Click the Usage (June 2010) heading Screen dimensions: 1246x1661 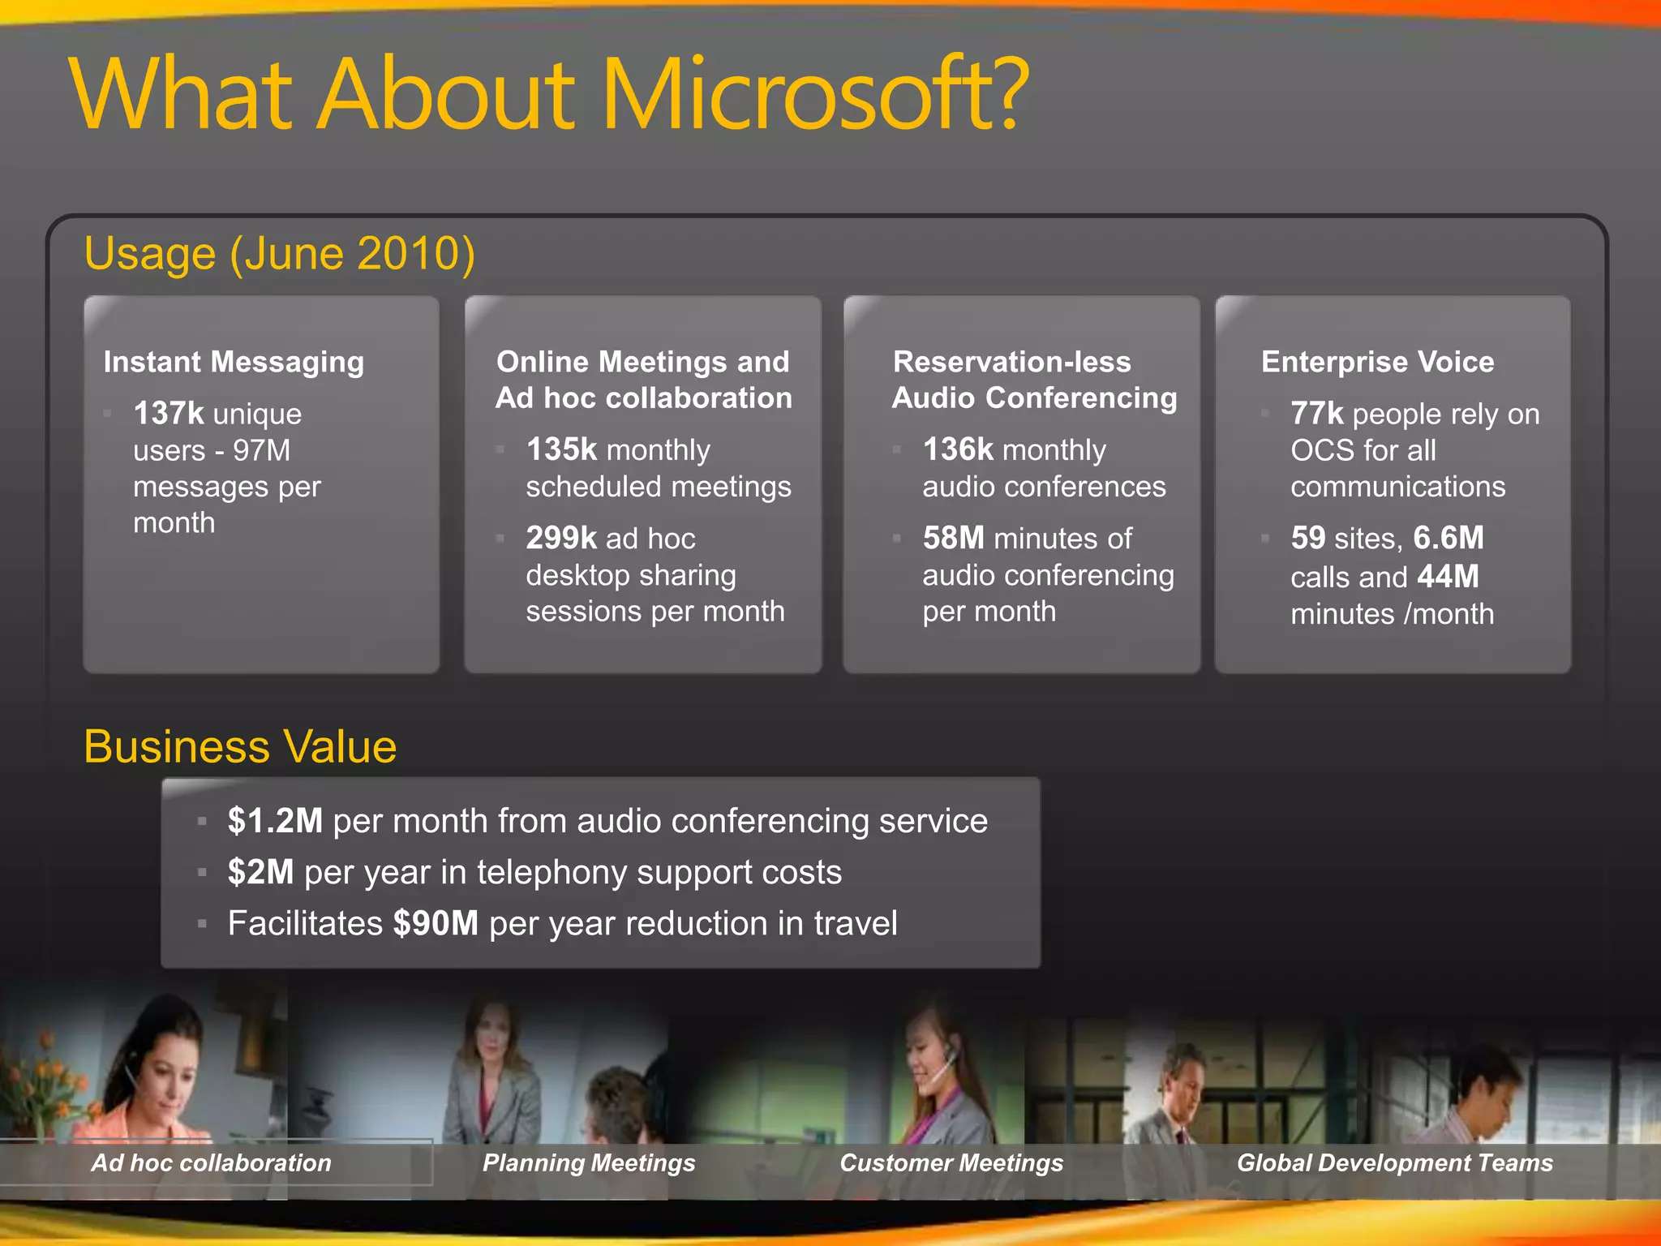click(279, 253)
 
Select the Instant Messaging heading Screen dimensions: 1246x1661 click(234, 362)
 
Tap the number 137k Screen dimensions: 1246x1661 click(168, 414)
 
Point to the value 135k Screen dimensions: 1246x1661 click(561, 449)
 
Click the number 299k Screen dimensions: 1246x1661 click(561, 538)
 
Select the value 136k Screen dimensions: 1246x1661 click(958, 449)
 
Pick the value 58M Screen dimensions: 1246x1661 click(953, 538)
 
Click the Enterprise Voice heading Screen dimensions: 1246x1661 click(1377, 362)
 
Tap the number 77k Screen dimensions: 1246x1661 click(1316, 414)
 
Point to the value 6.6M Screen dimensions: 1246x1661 click(1448, 538)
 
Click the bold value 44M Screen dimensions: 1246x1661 click(1448, 577)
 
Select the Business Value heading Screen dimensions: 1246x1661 click(240, 746)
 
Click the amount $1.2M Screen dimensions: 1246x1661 click(275, 821)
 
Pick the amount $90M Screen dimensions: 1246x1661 click(436, 923)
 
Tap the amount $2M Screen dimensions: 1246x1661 click(260, 872)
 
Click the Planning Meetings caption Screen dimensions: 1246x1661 click(589, 1162)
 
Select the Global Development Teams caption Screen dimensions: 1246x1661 click(1394, 1162)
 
